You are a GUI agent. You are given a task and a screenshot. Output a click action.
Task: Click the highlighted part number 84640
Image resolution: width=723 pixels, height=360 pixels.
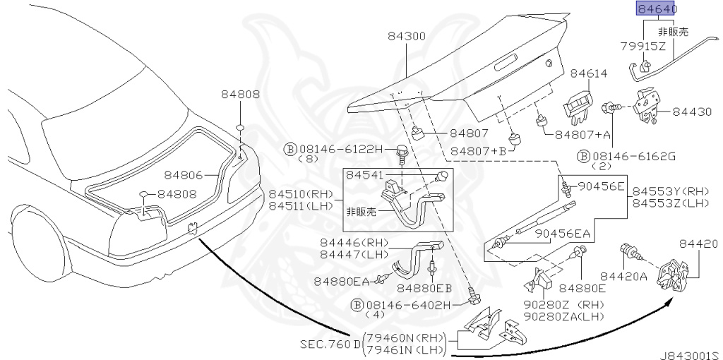657,8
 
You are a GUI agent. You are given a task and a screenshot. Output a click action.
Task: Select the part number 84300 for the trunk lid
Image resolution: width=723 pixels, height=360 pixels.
406,37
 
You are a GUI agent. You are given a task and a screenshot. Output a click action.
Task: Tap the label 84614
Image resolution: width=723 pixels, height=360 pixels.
589,73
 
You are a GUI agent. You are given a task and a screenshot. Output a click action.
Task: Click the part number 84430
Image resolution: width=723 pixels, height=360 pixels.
692,112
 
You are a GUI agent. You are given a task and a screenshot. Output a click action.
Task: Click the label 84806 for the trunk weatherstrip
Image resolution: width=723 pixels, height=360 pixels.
184,175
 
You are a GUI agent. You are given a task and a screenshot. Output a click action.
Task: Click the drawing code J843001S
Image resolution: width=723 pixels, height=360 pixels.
691,355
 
